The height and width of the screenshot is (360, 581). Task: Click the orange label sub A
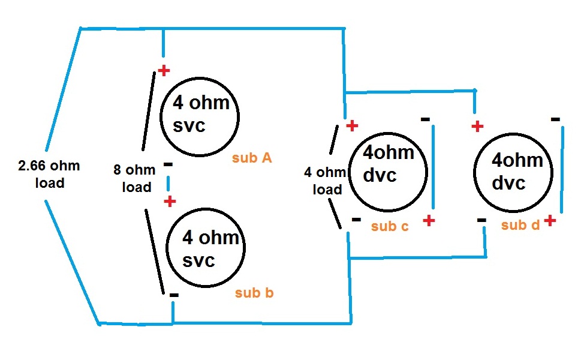252,158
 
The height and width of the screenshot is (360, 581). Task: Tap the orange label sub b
255,293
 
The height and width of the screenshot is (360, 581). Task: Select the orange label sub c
390,226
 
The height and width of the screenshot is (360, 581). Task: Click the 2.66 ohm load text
49,174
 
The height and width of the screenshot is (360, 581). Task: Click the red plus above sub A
163,71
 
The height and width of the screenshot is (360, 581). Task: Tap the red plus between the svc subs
170,201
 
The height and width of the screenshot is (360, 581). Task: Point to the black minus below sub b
174,295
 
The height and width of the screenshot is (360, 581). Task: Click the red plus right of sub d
550,221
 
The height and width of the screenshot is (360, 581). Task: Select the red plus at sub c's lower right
428,220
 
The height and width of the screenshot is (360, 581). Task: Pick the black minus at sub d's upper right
555,119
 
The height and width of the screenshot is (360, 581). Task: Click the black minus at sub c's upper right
425,119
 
